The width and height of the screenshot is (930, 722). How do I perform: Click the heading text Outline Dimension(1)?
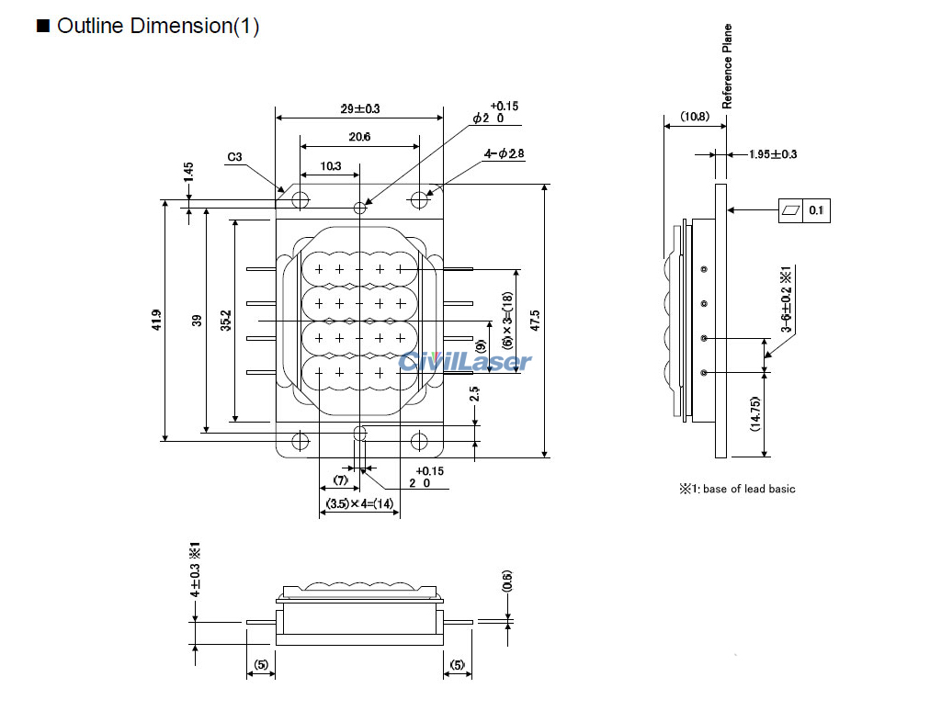pos(157,27)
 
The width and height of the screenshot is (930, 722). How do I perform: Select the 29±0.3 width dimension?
pos(360,108)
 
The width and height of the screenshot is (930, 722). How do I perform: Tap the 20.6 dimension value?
pos(359,137)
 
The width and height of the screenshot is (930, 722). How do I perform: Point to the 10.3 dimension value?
pos(330,166)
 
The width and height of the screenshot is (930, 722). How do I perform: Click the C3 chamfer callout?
pos(234,157)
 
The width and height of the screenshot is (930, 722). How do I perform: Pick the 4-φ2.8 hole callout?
pos(504,154)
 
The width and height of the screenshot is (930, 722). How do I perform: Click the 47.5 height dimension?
pos(535,321)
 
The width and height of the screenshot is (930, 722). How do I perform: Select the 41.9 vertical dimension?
pos(156,321)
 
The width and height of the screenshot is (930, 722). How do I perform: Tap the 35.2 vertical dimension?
pos(226,321)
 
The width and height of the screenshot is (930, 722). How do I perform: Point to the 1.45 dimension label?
pos(188,171)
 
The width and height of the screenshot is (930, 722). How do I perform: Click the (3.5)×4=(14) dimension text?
pos(359,503)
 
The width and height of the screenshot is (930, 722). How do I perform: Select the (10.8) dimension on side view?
pos(695,117)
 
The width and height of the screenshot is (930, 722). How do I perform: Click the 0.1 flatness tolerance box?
pos(816,211)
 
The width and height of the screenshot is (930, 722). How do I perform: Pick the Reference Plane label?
pos(727,66)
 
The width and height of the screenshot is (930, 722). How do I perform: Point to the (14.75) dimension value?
pos(755,414)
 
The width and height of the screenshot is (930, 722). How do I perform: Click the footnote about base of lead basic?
pos(737,489)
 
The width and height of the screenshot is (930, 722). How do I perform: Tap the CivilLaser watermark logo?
pos(465,361)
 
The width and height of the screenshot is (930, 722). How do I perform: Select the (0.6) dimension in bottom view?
pos(507,581)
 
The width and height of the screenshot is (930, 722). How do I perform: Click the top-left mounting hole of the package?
pos(300,199)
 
